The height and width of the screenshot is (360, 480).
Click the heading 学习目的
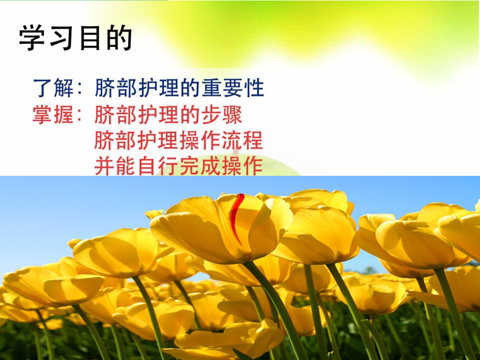point(76,40)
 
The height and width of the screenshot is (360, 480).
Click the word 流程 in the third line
point(245,140)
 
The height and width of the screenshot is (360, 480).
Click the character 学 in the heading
point(32,40)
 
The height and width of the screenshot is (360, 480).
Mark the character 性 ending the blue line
point(254,88)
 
